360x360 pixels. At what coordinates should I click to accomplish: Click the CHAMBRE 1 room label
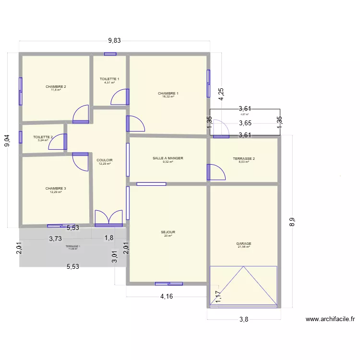[168, 93]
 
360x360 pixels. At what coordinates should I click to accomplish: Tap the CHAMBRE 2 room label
[56, 87]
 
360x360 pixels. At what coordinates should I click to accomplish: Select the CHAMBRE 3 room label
[56, 189]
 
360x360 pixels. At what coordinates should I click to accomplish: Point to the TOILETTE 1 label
[109, 79]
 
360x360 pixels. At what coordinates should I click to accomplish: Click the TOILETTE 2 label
[43, 137]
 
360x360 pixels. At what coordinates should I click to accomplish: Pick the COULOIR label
[105, 160]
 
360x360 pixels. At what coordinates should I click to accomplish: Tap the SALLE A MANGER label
[168, 158]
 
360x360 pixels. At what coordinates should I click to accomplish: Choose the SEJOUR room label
[168, 232]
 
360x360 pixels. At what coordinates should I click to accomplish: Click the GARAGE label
[244, 244]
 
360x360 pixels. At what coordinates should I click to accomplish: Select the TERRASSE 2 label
[244, 159]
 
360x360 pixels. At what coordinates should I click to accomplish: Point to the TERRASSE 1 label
[73, 246]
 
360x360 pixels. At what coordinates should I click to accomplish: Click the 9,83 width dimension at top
[114, 41]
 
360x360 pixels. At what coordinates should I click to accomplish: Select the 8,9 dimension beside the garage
[292, 222]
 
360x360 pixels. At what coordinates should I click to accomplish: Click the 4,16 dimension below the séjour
[167, 296]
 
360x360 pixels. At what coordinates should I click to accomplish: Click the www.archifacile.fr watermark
[330, 319]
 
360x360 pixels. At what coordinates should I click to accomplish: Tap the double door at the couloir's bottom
[108, 218]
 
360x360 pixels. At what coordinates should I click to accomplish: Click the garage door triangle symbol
[244, 286]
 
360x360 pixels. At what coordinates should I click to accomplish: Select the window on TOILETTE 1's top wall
[110, 54]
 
